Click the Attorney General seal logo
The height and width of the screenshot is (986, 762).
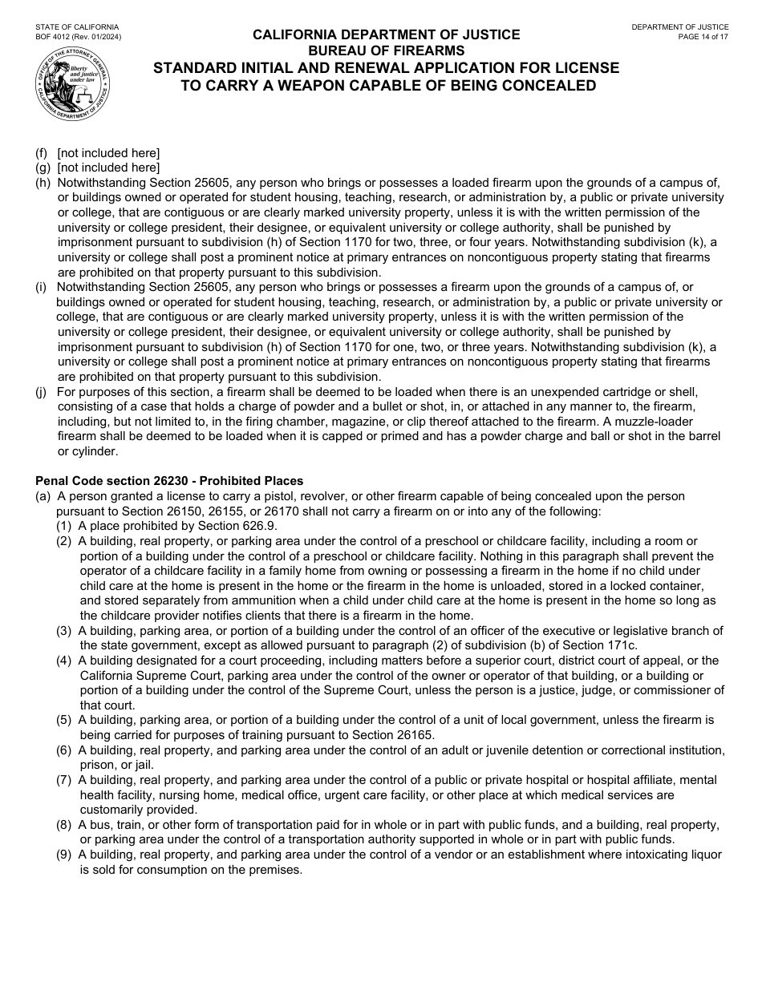click(x=72, y=83)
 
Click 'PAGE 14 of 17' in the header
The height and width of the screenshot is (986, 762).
click(x=703, y=37)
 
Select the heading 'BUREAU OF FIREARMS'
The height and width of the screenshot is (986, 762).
click(x=386, y=51)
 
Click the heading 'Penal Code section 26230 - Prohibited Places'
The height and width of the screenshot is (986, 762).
click(x=169, y=481)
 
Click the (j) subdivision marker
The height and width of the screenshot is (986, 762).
click(x=41, y=392)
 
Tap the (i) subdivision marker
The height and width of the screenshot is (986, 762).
click(x=40, y=287)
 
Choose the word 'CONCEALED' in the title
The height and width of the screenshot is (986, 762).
click(x=549, y=85)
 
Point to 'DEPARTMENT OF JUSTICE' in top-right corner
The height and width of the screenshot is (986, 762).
click(x=680, y=27)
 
